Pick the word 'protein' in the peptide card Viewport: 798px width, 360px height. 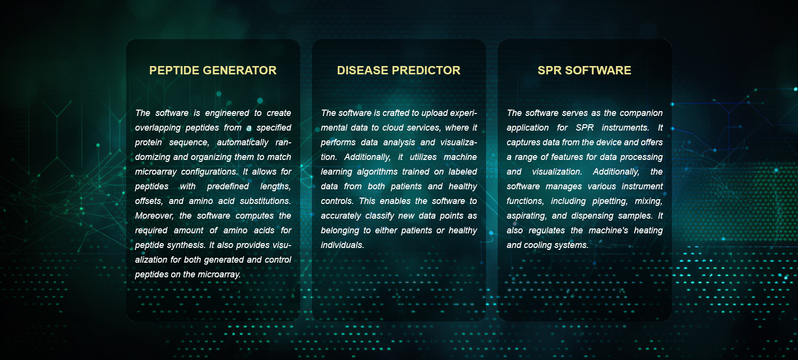pos(148,142)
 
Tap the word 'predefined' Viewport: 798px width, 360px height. pos(228,186)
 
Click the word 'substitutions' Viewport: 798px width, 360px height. pos(265,201)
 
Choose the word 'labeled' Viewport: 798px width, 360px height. pos(463,172)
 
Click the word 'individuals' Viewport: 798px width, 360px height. pos(342,245)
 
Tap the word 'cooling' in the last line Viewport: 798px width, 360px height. pos(536,245)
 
